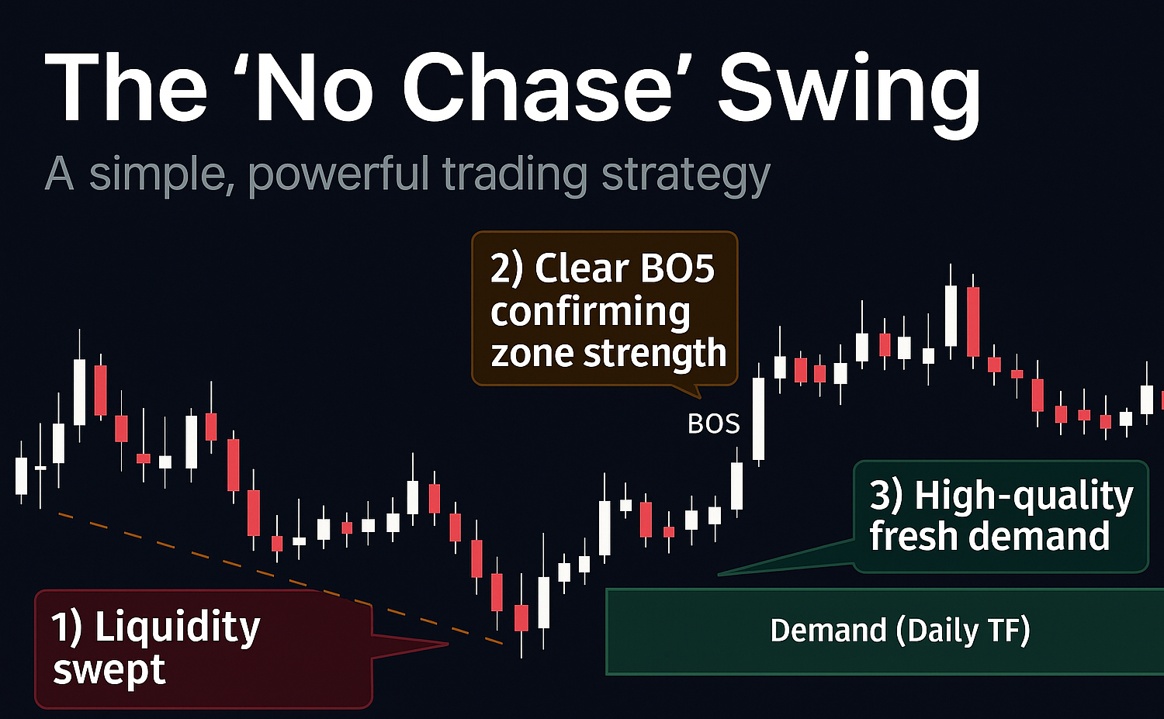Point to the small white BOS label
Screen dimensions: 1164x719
713,424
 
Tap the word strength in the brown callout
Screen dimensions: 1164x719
654,354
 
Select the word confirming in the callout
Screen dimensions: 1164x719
591,313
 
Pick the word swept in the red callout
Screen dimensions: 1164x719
109,671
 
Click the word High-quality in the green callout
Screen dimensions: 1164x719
1024,496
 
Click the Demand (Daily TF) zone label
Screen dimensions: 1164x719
899,631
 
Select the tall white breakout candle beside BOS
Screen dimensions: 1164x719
759,419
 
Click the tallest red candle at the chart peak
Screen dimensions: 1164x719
973,322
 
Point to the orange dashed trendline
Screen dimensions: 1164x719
281,579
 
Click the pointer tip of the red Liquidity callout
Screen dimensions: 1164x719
448,645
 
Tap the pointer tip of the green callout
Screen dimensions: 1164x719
718,575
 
